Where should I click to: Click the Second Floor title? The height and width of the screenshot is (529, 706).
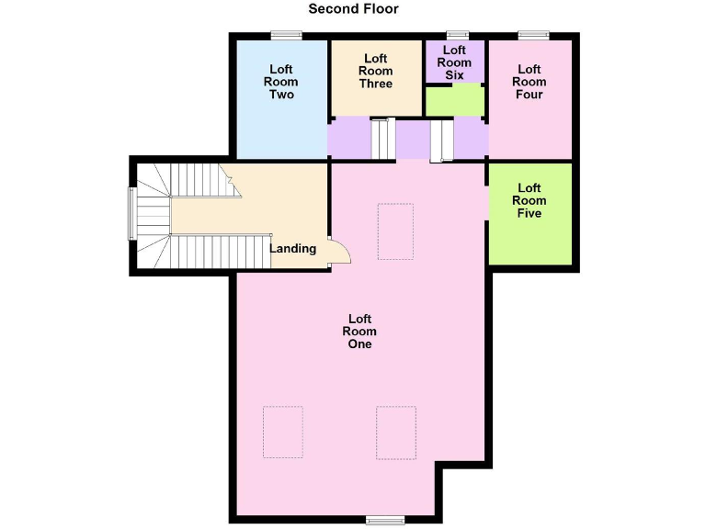coord(353,9)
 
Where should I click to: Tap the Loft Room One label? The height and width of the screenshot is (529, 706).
coord(359,332)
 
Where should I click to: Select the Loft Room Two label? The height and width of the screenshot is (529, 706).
coord(281,81)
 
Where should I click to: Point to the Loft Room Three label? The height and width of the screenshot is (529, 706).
coord(376,71)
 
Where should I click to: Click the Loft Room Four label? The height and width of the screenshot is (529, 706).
coord(529,82)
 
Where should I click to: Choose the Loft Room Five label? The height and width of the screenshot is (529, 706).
coord(529,200)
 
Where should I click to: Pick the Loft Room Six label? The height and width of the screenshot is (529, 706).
coord(454,62)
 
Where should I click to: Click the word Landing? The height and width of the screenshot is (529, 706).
coord(292,248)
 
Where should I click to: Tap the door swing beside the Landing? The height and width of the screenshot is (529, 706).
coord(338,252)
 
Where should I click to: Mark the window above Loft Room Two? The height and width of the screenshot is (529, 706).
coord(286,36)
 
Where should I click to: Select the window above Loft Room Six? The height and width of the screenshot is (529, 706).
coord(457,36)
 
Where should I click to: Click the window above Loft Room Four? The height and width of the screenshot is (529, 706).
coord(532,36)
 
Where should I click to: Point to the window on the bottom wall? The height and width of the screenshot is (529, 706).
coord(385,521)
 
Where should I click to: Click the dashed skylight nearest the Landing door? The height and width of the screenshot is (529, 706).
coord(395,231)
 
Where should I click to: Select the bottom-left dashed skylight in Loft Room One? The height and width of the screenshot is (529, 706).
coord(283,432)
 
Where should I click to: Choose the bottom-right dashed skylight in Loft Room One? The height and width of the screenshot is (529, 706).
coord(396,432)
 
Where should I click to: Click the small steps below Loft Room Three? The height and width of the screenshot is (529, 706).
coord(382,139)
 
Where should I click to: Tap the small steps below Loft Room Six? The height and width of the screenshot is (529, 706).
coord(442,140)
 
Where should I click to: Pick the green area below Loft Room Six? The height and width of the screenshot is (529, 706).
coord(455,101)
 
